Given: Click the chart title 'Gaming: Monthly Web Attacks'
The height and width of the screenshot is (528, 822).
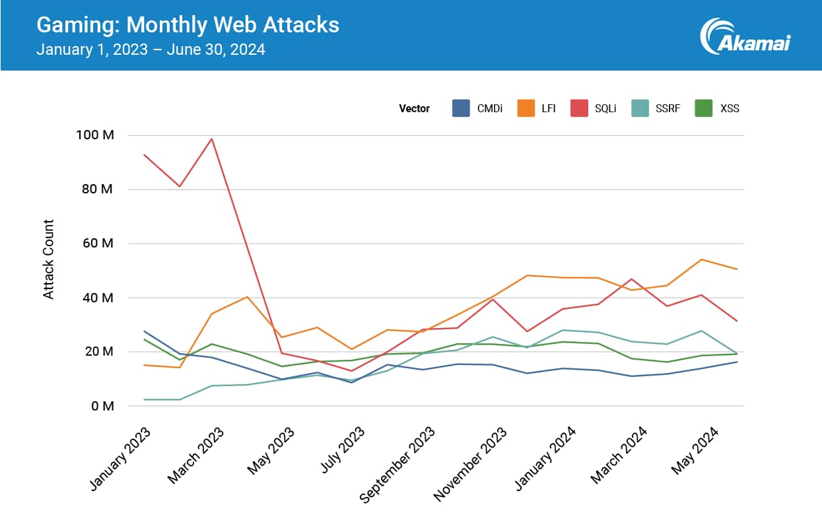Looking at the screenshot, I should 188,25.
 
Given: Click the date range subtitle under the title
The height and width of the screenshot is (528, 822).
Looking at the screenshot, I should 151,49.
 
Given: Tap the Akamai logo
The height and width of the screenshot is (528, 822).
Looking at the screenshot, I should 745,36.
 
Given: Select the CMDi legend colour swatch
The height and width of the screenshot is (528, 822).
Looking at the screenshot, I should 461,108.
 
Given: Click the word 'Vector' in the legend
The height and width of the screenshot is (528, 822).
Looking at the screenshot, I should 414,108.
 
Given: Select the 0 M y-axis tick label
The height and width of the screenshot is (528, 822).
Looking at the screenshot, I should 103,406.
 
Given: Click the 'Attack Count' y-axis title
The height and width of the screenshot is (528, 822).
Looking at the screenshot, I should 49,259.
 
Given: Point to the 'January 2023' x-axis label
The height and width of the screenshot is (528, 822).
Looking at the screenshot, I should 120,459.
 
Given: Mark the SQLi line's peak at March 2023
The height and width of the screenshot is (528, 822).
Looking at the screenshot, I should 211,139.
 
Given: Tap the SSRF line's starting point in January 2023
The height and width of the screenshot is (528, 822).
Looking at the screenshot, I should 144,399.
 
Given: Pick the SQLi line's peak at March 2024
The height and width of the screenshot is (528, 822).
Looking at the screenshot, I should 632,279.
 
